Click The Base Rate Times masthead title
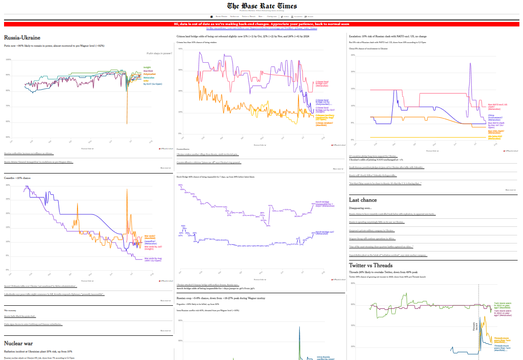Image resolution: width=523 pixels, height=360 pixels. [x=261, y=6]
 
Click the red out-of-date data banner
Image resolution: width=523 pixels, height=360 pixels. [x=261, y=24]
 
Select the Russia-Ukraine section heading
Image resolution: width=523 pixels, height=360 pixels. [x=22, y=38]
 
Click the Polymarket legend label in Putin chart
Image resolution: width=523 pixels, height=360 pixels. [x=149, y=74]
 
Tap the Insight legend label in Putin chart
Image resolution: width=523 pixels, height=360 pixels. [x=147, y=67]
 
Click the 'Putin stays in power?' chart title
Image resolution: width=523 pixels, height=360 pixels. [x=159, y=53]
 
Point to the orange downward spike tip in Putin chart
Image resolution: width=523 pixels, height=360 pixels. [x=127, y=123]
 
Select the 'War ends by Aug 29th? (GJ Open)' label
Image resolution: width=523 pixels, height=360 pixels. [x=153, y=259]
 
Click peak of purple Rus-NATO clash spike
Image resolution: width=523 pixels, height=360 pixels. [x=470, y=63]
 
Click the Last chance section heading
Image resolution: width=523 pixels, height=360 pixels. [x=363, y=200]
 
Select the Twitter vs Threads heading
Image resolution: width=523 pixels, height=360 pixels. [x=371, y=265]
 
